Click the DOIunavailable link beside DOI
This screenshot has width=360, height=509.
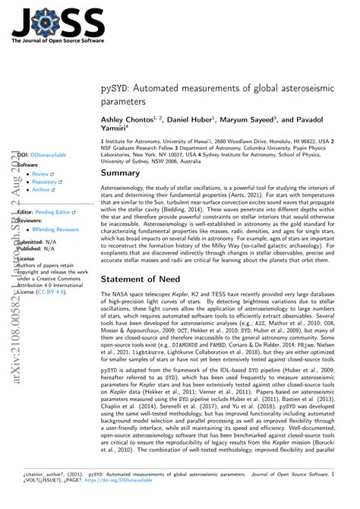click(47, 155)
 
